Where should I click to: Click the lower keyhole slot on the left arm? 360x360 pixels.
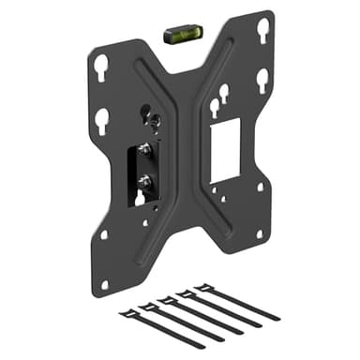tap(102, 120)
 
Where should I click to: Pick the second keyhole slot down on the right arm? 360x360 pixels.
tap(263, 77)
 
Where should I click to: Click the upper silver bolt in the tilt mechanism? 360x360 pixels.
tap(145, 150)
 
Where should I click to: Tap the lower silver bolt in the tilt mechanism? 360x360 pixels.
tap(145, 179)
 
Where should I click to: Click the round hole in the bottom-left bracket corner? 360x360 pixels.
tap(104, 281)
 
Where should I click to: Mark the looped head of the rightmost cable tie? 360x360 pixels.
tap(199, 286)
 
